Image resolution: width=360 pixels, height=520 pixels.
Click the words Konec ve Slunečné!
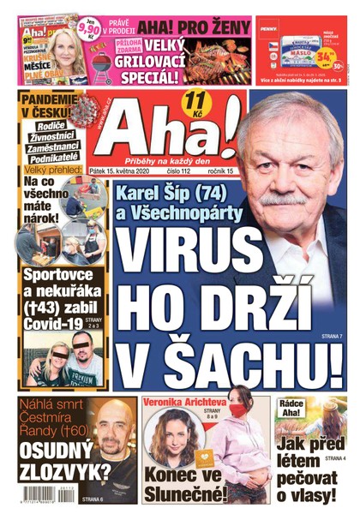[189, 483]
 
